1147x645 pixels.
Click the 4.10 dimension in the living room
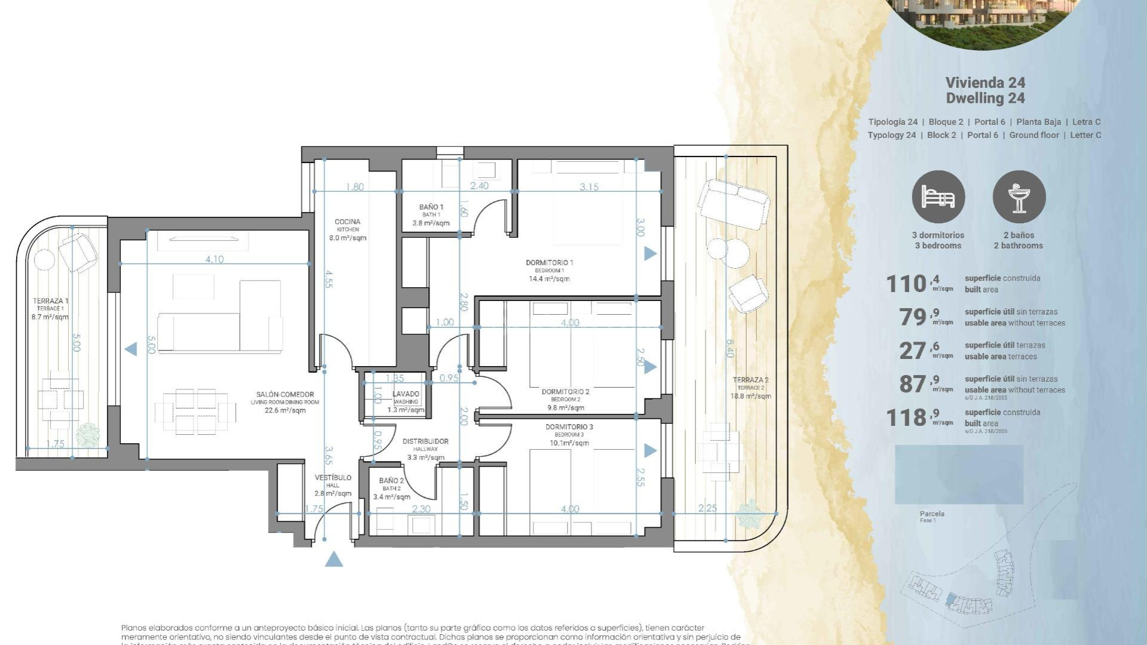click(214, 259)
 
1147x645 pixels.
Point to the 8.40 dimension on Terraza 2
click(729, 348)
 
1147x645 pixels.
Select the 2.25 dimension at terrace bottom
click(708, 508)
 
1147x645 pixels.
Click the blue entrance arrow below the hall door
click(334, 560)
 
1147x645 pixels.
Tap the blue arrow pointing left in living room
click(130, 349)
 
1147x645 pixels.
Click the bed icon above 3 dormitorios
click(938, 197)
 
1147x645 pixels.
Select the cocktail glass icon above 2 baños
click(1019, 197)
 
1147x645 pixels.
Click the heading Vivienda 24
click(985, 83)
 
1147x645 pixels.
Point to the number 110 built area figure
click(906, 284)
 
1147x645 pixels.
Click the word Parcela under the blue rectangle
click(932, 514)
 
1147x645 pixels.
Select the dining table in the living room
click(195, 411)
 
